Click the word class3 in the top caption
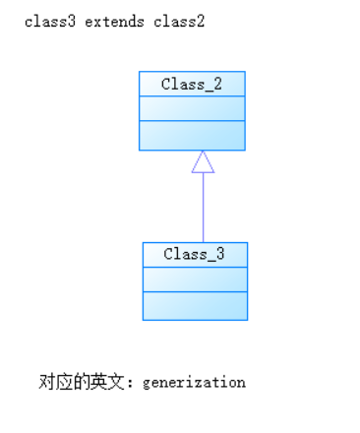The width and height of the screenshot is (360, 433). click(46, 22)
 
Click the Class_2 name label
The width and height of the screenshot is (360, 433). click(192, 84)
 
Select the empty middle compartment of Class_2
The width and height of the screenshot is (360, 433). click(192, 108)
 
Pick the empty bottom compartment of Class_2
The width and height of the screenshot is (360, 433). click(192, 135)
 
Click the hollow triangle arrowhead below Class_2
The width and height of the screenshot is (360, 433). click(203, 162)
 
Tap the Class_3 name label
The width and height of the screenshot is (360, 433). click(195, 254)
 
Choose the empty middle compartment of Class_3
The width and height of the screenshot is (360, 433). click(195, 278)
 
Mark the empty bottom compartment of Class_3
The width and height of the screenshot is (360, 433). click(195, 305)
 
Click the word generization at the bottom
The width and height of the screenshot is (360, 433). click(194, 382)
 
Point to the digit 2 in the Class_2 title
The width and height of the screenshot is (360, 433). click(217, 84)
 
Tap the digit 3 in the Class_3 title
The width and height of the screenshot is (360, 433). click(220, 254)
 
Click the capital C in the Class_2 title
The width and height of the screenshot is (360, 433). click(166, 84)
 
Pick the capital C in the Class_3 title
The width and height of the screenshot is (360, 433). click(169, 254)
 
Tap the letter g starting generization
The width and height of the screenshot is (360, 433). click(147, 383)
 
